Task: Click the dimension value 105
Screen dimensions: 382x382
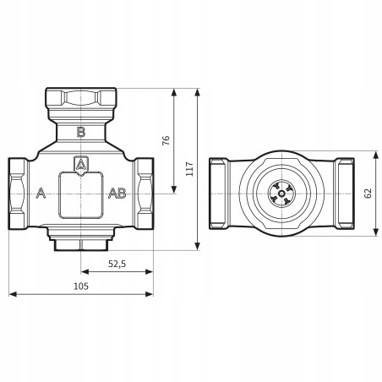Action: [x=81, y=286]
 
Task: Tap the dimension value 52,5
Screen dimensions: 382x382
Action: [x=117, y=264]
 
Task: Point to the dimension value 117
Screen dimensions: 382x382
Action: [x=189, y=168]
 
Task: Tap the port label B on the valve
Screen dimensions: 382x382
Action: [x=81, y=131]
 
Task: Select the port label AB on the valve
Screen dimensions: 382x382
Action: [x=117, y=194]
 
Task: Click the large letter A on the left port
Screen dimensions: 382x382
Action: [x=40, y=194]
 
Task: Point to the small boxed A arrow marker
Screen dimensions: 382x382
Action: [x=81, y=164]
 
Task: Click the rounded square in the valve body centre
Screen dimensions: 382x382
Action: [x=81, y=194]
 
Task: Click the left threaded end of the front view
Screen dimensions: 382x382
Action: [x=19, y=194]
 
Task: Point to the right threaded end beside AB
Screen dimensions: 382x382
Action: [x=143, y=194]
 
